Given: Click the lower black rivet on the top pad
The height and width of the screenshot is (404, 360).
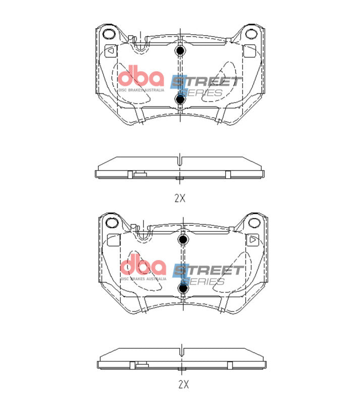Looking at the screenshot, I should [x=180, y=99].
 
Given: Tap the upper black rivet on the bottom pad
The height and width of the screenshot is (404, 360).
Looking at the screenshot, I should [x=183, y=239].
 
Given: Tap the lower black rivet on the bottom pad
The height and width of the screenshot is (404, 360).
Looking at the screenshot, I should [x=183, y=288].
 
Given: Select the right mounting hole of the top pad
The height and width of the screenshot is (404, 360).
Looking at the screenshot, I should [x=251, y=34].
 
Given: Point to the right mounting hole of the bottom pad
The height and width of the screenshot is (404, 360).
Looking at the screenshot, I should [x=254, y=222].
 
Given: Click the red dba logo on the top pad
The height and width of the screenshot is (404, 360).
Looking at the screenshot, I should [x=141, y=77].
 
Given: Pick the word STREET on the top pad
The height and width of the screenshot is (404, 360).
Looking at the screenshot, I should [x=206, y=82].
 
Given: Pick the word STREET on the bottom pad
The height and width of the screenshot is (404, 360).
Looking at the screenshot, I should [x=208, y=270].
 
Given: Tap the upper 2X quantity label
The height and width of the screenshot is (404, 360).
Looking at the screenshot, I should [x=180, y=198].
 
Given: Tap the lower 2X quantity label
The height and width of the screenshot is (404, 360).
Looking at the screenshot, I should [x=183, y=384].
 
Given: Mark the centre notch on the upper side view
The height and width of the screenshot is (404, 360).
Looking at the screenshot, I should [x=180, y=161].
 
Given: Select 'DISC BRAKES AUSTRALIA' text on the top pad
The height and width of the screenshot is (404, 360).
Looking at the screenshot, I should [x=141, y=90].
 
